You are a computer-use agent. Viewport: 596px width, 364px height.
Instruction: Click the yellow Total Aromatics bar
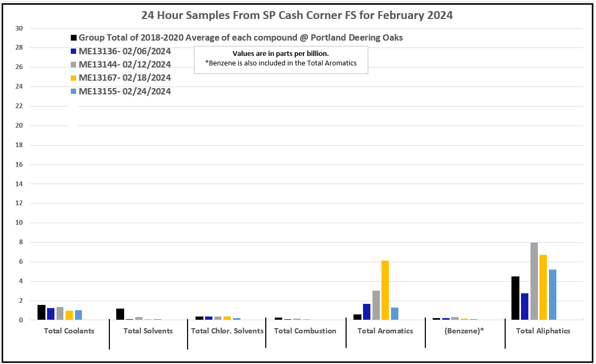coord(385,290)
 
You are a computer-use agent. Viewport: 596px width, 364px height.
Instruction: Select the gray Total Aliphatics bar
coord(534,281)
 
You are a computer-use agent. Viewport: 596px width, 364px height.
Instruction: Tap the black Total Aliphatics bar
coord(515,298)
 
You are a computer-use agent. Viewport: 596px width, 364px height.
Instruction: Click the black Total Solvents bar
coord(120,314)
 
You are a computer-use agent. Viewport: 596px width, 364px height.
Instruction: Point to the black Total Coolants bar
coord(41,312)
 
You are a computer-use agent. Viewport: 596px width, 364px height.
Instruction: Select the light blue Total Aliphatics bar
coord(553,294)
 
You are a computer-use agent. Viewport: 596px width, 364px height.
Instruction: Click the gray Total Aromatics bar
coord(376,305)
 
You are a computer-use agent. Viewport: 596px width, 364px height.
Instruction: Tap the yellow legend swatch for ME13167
coord(74,78)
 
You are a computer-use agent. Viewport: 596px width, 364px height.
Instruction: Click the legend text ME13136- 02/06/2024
coord(125,51)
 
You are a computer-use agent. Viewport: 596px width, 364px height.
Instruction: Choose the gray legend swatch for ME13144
coord(74,65)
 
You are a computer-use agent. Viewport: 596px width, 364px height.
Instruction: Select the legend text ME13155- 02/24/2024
coord(125,91)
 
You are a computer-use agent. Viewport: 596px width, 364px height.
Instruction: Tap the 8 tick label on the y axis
coord(21,243)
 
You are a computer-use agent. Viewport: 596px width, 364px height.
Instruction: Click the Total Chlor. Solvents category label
coord(227,331)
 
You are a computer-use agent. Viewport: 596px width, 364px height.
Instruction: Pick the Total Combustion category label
coord(305,331)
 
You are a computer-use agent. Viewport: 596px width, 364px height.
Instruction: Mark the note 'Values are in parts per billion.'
coord(281,54)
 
